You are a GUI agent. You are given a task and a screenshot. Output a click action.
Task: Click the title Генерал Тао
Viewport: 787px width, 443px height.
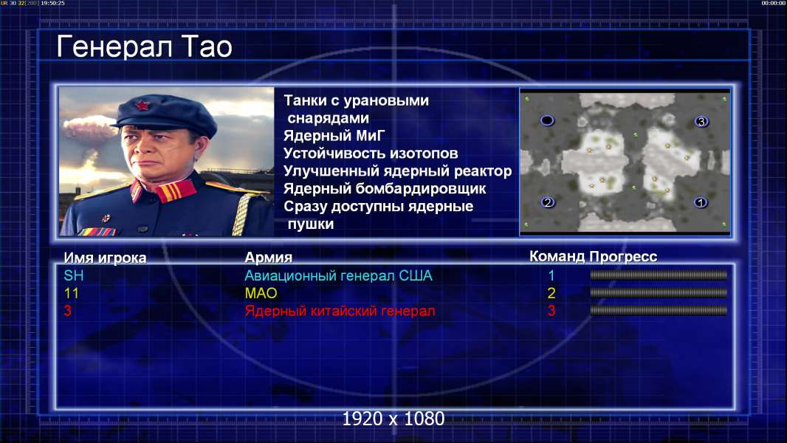[x=144, y=47]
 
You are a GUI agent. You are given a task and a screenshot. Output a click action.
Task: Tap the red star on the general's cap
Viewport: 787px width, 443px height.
[x=142, y=106]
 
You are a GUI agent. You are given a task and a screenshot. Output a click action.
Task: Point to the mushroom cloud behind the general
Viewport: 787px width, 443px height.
[x=90, y=128]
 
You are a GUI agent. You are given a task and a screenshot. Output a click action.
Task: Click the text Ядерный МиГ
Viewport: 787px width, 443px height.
[x=334, y=135]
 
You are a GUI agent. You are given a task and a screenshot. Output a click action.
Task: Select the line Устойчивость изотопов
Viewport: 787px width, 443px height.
[x=371, y=153]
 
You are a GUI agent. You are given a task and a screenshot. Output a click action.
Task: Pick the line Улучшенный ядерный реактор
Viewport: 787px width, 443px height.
[x=397, y=171]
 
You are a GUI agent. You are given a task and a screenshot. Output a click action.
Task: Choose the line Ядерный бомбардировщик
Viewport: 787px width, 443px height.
[x=385, y=188]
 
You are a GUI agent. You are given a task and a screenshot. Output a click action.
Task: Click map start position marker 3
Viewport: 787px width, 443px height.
[x=701, y=121]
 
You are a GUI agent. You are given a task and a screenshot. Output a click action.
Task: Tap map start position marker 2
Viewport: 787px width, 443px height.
[x=548, y=202]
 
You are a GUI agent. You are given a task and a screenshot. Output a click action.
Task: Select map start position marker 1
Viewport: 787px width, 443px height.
[x=701, y=202]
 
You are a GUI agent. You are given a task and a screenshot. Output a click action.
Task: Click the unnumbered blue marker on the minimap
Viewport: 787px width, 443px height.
[x=547, y=120]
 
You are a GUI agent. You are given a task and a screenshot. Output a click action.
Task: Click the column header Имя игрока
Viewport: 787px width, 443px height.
[x=105, y=258]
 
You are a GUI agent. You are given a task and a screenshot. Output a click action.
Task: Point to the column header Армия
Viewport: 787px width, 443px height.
[x=269, y=258]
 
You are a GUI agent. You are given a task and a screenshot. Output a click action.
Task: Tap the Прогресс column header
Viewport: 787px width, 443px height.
[x=623, y=256]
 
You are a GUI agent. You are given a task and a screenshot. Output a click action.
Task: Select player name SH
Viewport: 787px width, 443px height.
[x=74, y=275]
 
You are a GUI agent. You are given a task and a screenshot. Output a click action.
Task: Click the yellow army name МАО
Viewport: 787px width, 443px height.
[x=261, y=293]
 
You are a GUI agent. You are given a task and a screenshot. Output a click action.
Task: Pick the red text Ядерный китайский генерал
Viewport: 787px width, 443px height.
[x=340, y=311]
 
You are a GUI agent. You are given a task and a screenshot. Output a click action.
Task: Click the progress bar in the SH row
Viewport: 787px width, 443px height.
[x=659, y=275]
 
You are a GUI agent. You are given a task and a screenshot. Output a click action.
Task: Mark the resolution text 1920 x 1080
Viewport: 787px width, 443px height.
[x=393, y=419]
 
